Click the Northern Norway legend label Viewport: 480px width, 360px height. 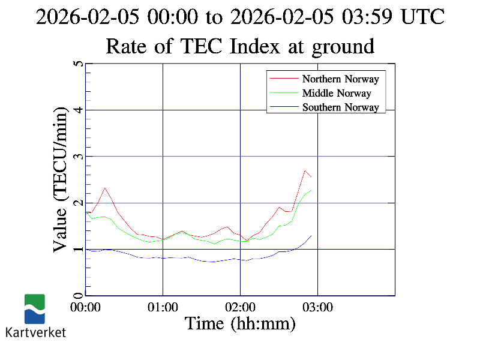340,79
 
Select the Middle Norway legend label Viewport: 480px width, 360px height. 337,93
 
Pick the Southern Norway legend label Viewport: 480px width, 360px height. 340,107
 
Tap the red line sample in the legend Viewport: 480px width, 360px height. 283,79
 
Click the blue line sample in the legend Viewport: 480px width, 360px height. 283,107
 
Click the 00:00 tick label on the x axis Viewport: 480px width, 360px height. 86,307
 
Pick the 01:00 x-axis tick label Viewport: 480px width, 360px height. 163,307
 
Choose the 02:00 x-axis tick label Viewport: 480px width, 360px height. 240,307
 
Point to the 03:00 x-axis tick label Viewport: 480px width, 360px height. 317,307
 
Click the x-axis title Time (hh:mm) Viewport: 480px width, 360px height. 240,324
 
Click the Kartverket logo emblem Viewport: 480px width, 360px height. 34,308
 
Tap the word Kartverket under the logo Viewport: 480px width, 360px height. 35,332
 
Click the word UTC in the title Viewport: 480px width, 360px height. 422,17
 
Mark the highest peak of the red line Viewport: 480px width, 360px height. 305,170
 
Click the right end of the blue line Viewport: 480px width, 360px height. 311,236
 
